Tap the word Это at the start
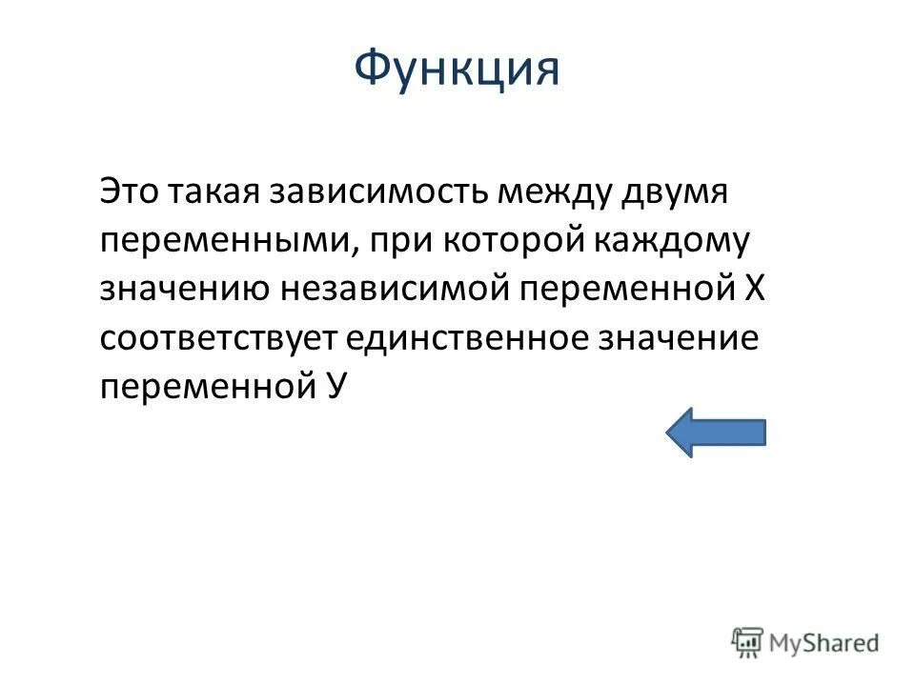point(131,192)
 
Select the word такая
point(214,192)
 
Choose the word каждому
point(671,242)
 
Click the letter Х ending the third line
point(753,290)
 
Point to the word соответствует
point(216,339)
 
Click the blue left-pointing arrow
point(715,432)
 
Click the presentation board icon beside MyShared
point(748,641)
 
